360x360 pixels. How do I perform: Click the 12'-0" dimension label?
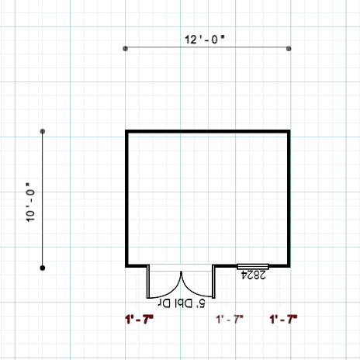(205, 40)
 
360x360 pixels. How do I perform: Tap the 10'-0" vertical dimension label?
(30, 202)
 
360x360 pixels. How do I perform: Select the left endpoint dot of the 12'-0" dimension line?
(125, 49)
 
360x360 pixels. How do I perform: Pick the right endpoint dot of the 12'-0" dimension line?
(289, 49)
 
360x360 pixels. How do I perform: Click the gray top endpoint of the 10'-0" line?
(43, 131)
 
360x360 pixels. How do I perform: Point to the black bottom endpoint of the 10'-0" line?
(43, 268)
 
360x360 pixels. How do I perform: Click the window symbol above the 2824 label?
(253, 267)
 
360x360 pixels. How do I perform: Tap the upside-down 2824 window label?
(254, 275)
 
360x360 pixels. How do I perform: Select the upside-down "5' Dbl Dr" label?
(182, 303)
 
